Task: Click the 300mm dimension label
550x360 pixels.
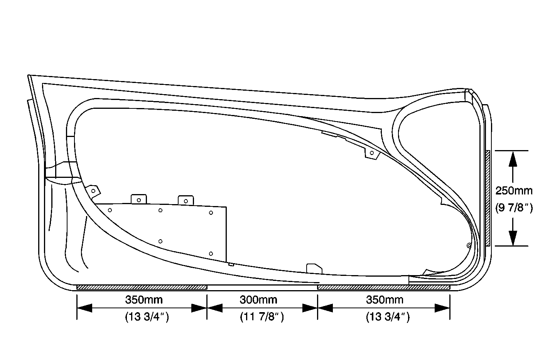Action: (258, 300)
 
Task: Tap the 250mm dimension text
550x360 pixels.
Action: (514, 191)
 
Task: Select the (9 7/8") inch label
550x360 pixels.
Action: (514, 208)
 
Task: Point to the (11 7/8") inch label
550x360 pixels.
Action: (262, 317)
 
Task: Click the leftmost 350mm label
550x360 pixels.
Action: (144, 300)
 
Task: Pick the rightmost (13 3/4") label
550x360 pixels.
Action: (388, 317)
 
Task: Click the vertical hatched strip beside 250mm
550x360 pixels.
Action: (488, 198)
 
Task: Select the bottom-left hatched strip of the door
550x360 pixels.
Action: (142, 287)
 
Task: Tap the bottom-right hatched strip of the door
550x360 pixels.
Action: (383, 287)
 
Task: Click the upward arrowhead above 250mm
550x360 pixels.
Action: (513, 159)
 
